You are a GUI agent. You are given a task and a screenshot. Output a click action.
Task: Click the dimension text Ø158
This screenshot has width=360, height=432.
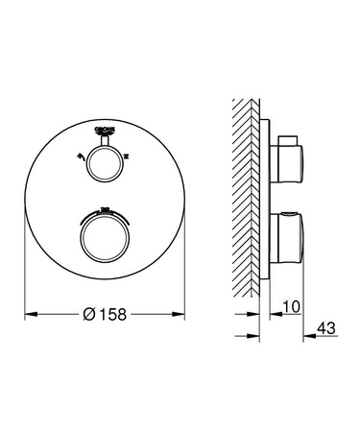pos(105,312)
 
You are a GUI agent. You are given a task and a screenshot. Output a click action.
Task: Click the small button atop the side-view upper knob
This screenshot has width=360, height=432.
pos(278,142)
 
